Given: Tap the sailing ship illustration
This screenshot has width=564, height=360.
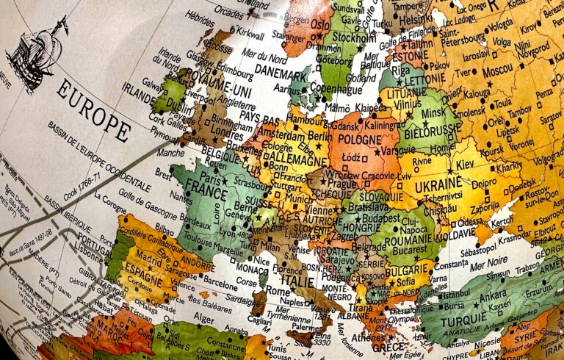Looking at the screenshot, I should pyautogui.click(x=37, y=53).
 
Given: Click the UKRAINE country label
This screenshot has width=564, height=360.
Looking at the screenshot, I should pyautogui.click(x=438, y=187).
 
